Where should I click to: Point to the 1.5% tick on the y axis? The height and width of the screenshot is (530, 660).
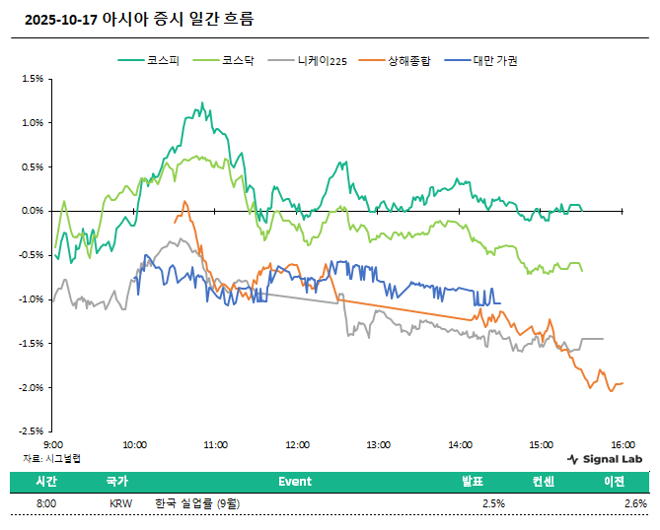(x=34, y=79)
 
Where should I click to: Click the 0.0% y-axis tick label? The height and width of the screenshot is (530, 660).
(x=34, y=211)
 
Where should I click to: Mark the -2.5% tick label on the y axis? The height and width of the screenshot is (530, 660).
(x=32, y=431)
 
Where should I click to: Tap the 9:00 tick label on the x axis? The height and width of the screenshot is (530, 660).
(x=54, y=445)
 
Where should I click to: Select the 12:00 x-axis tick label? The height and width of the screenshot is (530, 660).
(x=297, y=445)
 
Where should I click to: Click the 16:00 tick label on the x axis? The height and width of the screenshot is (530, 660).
(x=622, y=445)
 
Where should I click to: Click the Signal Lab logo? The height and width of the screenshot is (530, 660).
(x=606, y=459)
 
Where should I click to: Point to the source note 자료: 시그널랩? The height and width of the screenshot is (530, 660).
(x=53, y=458)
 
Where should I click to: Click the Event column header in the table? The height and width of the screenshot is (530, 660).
(x=294, y=482)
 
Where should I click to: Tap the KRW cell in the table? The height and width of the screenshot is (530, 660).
(x=120, y=503)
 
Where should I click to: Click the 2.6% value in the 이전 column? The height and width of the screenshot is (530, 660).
(x=635, y=503)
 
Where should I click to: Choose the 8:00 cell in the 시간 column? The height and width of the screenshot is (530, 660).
(x=45, y=503)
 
